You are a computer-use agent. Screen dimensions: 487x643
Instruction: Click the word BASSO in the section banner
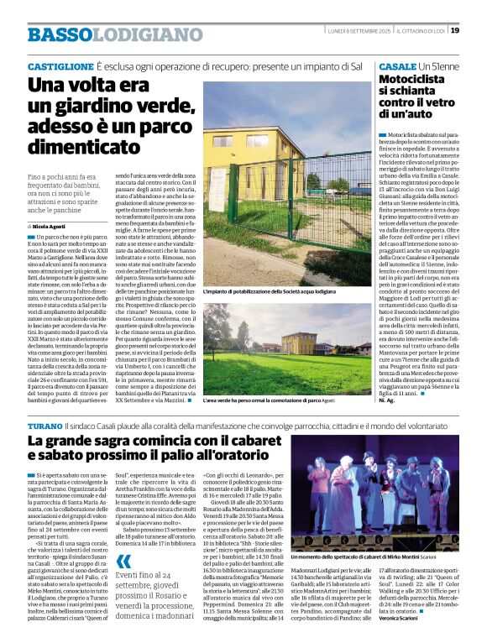click(60, 34)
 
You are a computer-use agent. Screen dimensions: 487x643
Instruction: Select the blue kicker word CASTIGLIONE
click(60, 65)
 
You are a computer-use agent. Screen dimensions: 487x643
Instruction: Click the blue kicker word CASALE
click(396, 65)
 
